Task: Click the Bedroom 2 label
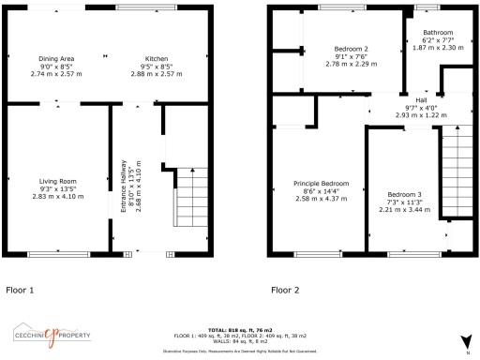(351, 49)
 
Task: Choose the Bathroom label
(438, 33)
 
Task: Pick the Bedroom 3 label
(405, 195)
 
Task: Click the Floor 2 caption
(285, 290)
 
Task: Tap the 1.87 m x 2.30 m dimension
(438, 48)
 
